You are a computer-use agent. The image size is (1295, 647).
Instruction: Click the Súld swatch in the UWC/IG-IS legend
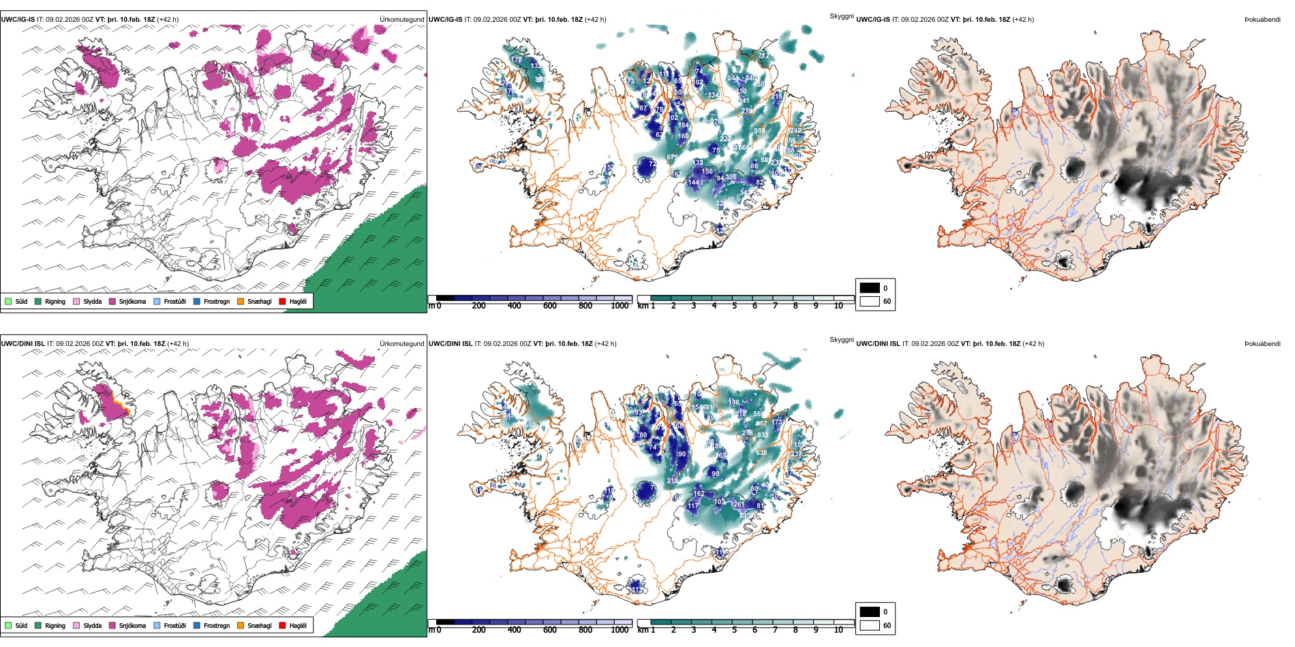click(x=8, y=301)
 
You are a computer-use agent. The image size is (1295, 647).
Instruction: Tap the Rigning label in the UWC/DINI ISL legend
click(x=55, y=625)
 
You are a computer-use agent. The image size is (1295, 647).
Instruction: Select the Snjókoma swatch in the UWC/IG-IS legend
click(x=112, y=301)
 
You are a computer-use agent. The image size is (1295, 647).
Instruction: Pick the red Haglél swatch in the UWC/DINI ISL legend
click(x=283, y=625)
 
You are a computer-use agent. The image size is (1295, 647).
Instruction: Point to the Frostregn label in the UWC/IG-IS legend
click(x=217, y=301)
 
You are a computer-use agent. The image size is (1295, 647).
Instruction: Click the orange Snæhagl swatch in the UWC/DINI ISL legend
click(x=241, y=625)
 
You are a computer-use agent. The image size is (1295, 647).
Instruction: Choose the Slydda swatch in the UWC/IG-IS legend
click(x=76, y=301)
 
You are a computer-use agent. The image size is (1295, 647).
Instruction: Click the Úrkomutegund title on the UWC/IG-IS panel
click(x=401, y=20)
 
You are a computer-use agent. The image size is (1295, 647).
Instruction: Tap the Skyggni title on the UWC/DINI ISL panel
click(x=841, y=339)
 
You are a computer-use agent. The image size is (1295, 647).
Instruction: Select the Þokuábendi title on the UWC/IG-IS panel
click(x=1262, y=20)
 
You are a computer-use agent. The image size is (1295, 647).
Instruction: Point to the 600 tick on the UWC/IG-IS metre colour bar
click(x=550, y=306)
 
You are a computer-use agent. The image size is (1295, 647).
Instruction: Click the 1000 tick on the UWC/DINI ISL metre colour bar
click(x=620, y=630)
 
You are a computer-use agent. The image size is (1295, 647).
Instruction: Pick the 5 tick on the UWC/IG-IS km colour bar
click(x=734, y=306)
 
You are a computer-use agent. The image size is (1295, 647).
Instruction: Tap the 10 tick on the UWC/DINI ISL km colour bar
click(x=838, y=630)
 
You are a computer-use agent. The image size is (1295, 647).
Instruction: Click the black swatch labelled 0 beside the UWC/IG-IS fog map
click(x=870, y=287)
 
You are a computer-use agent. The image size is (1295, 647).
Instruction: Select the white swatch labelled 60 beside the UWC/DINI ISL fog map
click(x=870, y=625)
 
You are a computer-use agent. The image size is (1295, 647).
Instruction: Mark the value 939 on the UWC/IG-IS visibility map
click(x=759, y=131)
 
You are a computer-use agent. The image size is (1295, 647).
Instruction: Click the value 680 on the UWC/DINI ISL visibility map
click(x=530, y=425)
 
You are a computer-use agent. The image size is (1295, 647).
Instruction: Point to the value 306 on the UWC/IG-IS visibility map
click(x=731, y=177)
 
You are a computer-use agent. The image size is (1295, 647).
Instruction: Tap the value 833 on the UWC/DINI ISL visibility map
click(x=762, y=435)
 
